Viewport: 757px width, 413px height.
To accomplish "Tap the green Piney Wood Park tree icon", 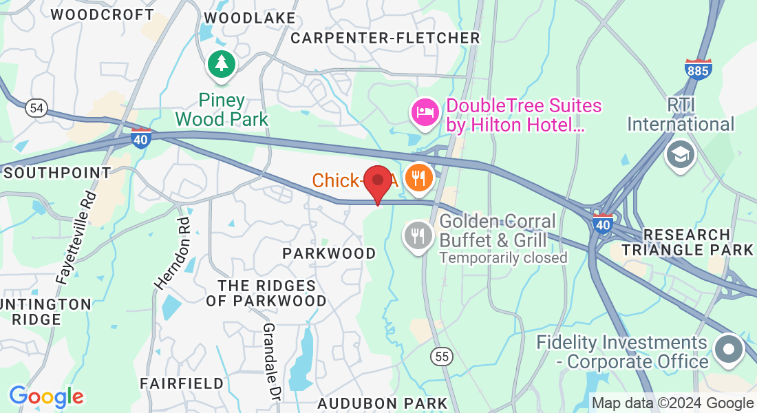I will click(222, 64).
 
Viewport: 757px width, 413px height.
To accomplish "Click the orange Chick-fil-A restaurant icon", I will click(418, 178).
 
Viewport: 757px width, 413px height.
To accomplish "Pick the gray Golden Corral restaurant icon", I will click(417, 235).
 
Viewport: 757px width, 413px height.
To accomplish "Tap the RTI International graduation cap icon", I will click(681, 153).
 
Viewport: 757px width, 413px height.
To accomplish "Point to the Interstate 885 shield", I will click(699, 68).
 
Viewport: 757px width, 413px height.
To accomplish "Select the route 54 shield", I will click(36, 108).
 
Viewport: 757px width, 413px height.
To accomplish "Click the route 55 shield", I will click(442, 356).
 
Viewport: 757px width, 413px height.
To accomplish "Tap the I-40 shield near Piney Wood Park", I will click(141, 138).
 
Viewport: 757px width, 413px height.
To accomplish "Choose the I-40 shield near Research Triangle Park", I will click(603, 224).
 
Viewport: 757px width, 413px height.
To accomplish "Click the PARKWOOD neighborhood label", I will click(330, 253).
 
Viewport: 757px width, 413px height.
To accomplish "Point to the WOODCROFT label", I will click(103, 14).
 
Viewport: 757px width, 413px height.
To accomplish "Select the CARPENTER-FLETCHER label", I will click(385, 38).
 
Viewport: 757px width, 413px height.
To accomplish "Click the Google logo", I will click(46, 396).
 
